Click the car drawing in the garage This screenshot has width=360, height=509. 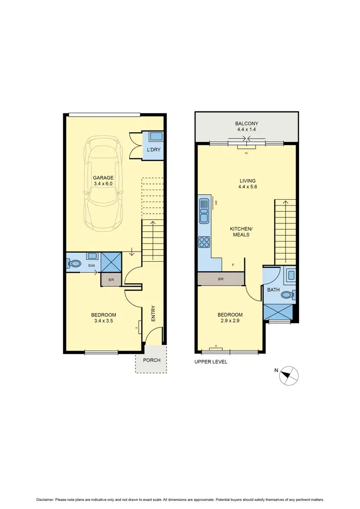coord(103,185)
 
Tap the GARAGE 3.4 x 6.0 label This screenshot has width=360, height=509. coord(103,181)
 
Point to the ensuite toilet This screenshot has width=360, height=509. coord(74,263)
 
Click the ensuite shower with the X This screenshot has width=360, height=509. coord(111,263)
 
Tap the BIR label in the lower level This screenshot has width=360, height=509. coord(111,279)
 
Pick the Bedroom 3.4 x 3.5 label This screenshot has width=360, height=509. coord(103,318)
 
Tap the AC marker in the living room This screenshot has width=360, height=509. coord(246,153)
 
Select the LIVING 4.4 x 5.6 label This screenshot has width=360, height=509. coord(248,184)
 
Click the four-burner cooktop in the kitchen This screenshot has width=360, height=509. coord(204,242)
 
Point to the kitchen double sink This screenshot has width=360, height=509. coord(204,212)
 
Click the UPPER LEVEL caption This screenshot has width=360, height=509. coord(211,362)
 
